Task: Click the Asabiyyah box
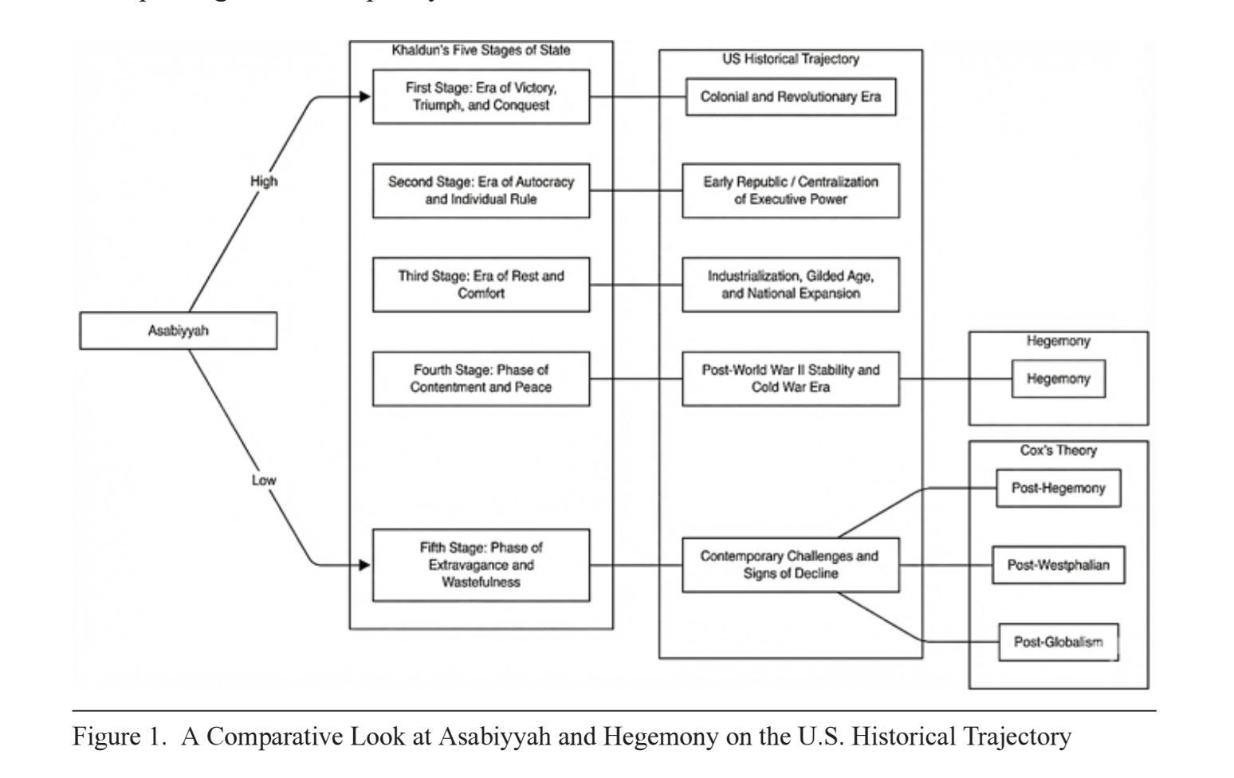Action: [x=179, y=331]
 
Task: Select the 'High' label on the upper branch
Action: [x=264, y=181]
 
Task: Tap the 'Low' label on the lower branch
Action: [x=264, y=481]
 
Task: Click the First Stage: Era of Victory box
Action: [x=481, y=97]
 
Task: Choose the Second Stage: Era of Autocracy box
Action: [x=481, y=191]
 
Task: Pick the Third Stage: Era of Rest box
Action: [x=481, y=285]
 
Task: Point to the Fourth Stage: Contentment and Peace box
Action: [x=481, y=379]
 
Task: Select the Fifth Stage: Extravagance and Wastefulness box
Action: [x=481, y=565]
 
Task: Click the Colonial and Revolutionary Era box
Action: [x=791, y=97]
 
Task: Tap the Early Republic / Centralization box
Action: [x=791, y=191]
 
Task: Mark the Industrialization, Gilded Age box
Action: [x=791, y=285]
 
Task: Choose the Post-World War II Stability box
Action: [x=791, y=379]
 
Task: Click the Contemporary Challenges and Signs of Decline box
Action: [x=791, y=565]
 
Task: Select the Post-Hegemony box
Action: [x=1059, y=488]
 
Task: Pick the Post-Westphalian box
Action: [x=1059, y=565]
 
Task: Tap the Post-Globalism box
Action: [x=1059, y=642]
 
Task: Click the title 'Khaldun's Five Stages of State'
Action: [x=481, y=51]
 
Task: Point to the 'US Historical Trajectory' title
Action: [x=791, y=59]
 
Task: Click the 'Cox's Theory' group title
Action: [x=1059, y=450]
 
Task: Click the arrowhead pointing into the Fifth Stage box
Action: [x=364, y=565]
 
